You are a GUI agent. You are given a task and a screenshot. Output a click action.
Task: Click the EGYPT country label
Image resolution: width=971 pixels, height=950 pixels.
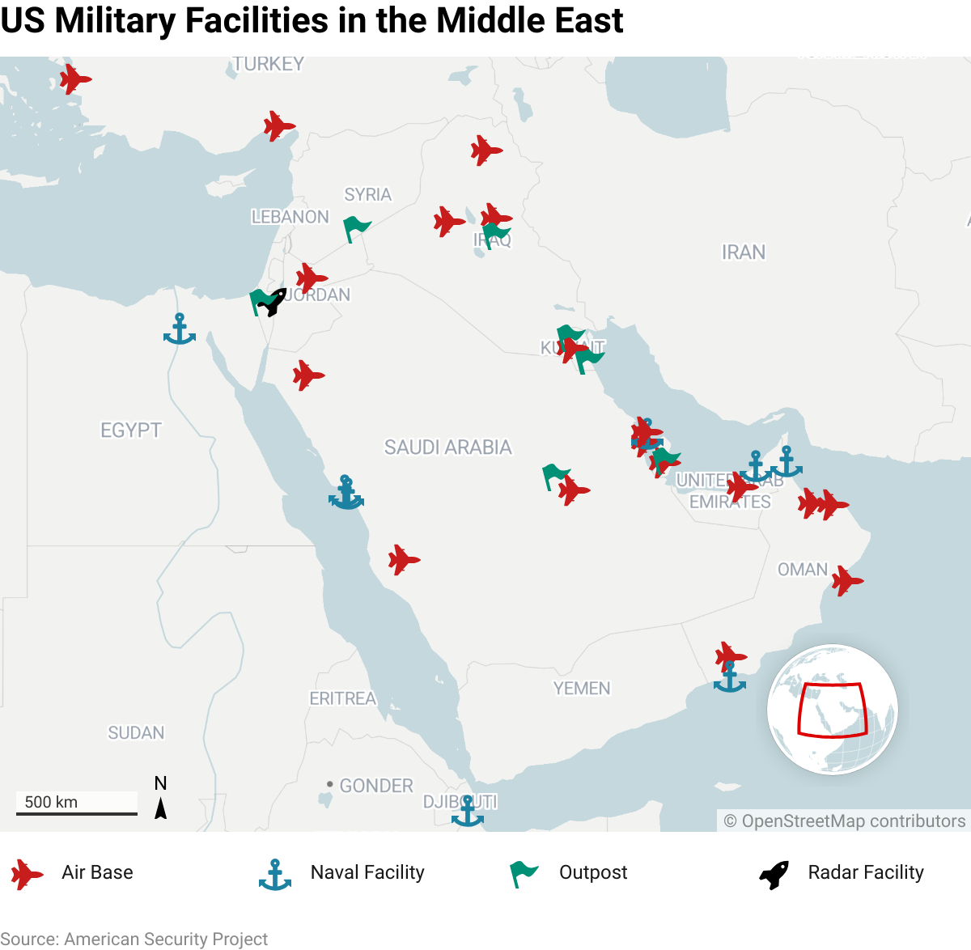pyautogui.click(x=131, y=430)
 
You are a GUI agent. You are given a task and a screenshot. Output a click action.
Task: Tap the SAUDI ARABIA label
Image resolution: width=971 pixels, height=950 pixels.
pyautogui.click(x=447, y=447)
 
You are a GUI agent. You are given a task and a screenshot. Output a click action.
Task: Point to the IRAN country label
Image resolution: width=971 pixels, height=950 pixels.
pyautogui.click(x=743, y=252)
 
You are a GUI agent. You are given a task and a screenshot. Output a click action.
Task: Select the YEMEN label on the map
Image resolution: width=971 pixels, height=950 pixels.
pyautogui.click(x=581, y=689)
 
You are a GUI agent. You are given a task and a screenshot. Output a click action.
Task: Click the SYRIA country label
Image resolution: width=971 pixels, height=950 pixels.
pyautogui.click(x=367, y=195)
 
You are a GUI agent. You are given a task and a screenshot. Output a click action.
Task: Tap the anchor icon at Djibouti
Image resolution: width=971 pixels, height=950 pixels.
pyautogui.click(x=467, y=811)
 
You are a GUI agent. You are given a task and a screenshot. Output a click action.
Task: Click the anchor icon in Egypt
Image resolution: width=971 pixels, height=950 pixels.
pyautogui.click(x=180, y=329)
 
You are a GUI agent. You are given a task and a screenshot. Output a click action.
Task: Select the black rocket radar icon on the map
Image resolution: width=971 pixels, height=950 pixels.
pyautogui.click(x=273, y=302)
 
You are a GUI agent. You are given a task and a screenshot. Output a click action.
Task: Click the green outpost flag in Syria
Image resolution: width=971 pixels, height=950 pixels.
pyautogui.click(x=356, y=228)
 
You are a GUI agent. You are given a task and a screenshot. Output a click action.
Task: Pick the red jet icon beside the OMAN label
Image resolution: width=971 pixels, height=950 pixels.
pyautogui.click(x=846, y=581)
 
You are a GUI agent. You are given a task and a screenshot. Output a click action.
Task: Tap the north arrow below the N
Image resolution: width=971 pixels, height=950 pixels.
pyautogui.click(x=161, y=808)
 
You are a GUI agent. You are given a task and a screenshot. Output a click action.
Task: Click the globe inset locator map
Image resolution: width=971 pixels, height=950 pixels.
pyautogui.click(x=832, y=710)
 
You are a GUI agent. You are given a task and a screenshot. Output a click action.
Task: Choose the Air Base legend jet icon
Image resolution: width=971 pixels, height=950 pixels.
pyautogui.click(x=27, y=874)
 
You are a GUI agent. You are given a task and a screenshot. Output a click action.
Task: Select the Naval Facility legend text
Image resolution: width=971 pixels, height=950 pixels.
pyautogui.click(x=367, y=872)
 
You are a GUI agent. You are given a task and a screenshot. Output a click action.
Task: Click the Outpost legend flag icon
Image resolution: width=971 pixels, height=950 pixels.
pyautogui.click(x=524, y=874)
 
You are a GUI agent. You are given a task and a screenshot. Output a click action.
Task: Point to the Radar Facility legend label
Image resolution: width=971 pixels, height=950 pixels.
pyautogui.click(x=865, y=872)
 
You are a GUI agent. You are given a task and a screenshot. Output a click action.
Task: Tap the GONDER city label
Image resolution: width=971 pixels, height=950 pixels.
pyautogui.click(x=375, y=786)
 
